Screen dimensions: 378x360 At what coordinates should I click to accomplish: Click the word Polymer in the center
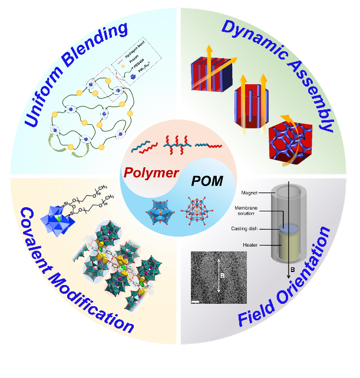(x=151, y=173)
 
